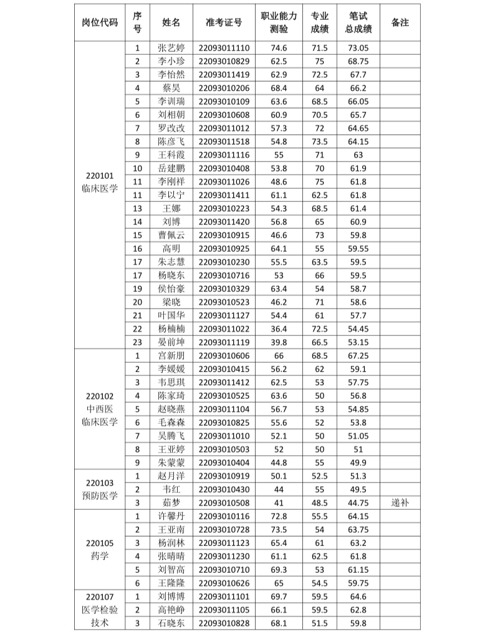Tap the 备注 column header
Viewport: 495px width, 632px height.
point(400,22)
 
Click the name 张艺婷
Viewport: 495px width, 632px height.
point(171,47)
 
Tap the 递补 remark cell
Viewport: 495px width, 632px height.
point(400,502)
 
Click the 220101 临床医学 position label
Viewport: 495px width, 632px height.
point(99,182)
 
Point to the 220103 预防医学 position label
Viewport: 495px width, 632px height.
point(99,489)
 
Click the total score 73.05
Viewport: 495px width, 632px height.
point(358,47)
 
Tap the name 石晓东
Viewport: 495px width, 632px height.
point(171,623)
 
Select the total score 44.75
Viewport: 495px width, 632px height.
point(358,502)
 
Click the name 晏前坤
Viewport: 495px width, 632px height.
point(171,342)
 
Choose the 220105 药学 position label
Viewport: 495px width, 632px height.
point(99,550)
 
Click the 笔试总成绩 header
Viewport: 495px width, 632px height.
point(358,22)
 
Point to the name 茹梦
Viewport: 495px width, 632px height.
point(171,502)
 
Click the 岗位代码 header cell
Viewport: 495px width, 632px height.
point(99,22)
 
